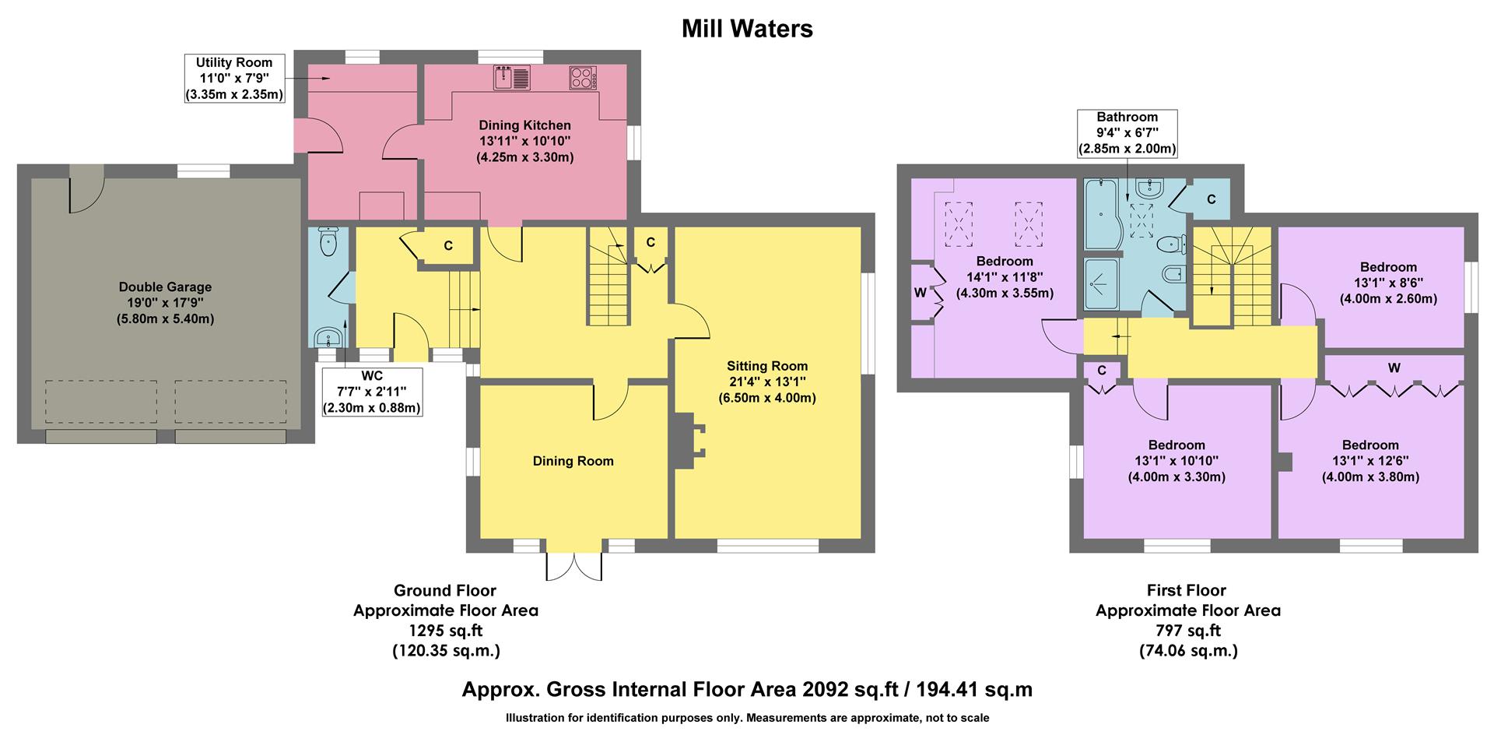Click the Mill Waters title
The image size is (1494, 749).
tap(747, 29)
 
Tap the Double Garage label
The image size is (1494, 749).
tap(165, 303)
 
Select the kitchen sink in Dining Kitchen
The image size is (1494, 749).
tap(511, 78)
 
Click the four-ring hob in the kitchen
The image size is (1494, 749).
tap(583, 78)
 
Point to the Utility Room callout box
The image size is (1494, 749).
tap(234, 79)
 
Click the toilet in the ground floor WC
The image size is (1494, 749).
tap(328, 241)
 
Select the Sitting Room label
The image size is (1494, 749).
tap(767, 382)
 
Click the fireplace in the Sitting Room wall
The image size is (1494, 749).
tap(689, 440)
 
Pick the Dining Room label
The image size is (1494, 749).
tap(573, 461)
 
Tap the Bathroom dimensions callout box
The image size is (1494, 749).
tap(1127, 133)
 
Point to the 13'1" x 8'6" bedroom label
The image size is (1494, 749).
tap(1388, 283)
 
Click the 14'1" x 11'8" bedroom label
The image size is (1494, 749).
tap(1005, 277)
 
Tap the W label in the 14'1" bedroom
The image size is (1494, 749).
tap(921, 293)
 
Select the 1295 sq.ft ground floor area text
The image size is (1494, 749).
tap(445, 631)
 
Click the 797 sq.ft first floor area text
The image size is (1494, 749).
tap(1187, 631)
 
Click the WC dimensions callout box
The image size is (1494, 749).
tap(372, 392)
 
